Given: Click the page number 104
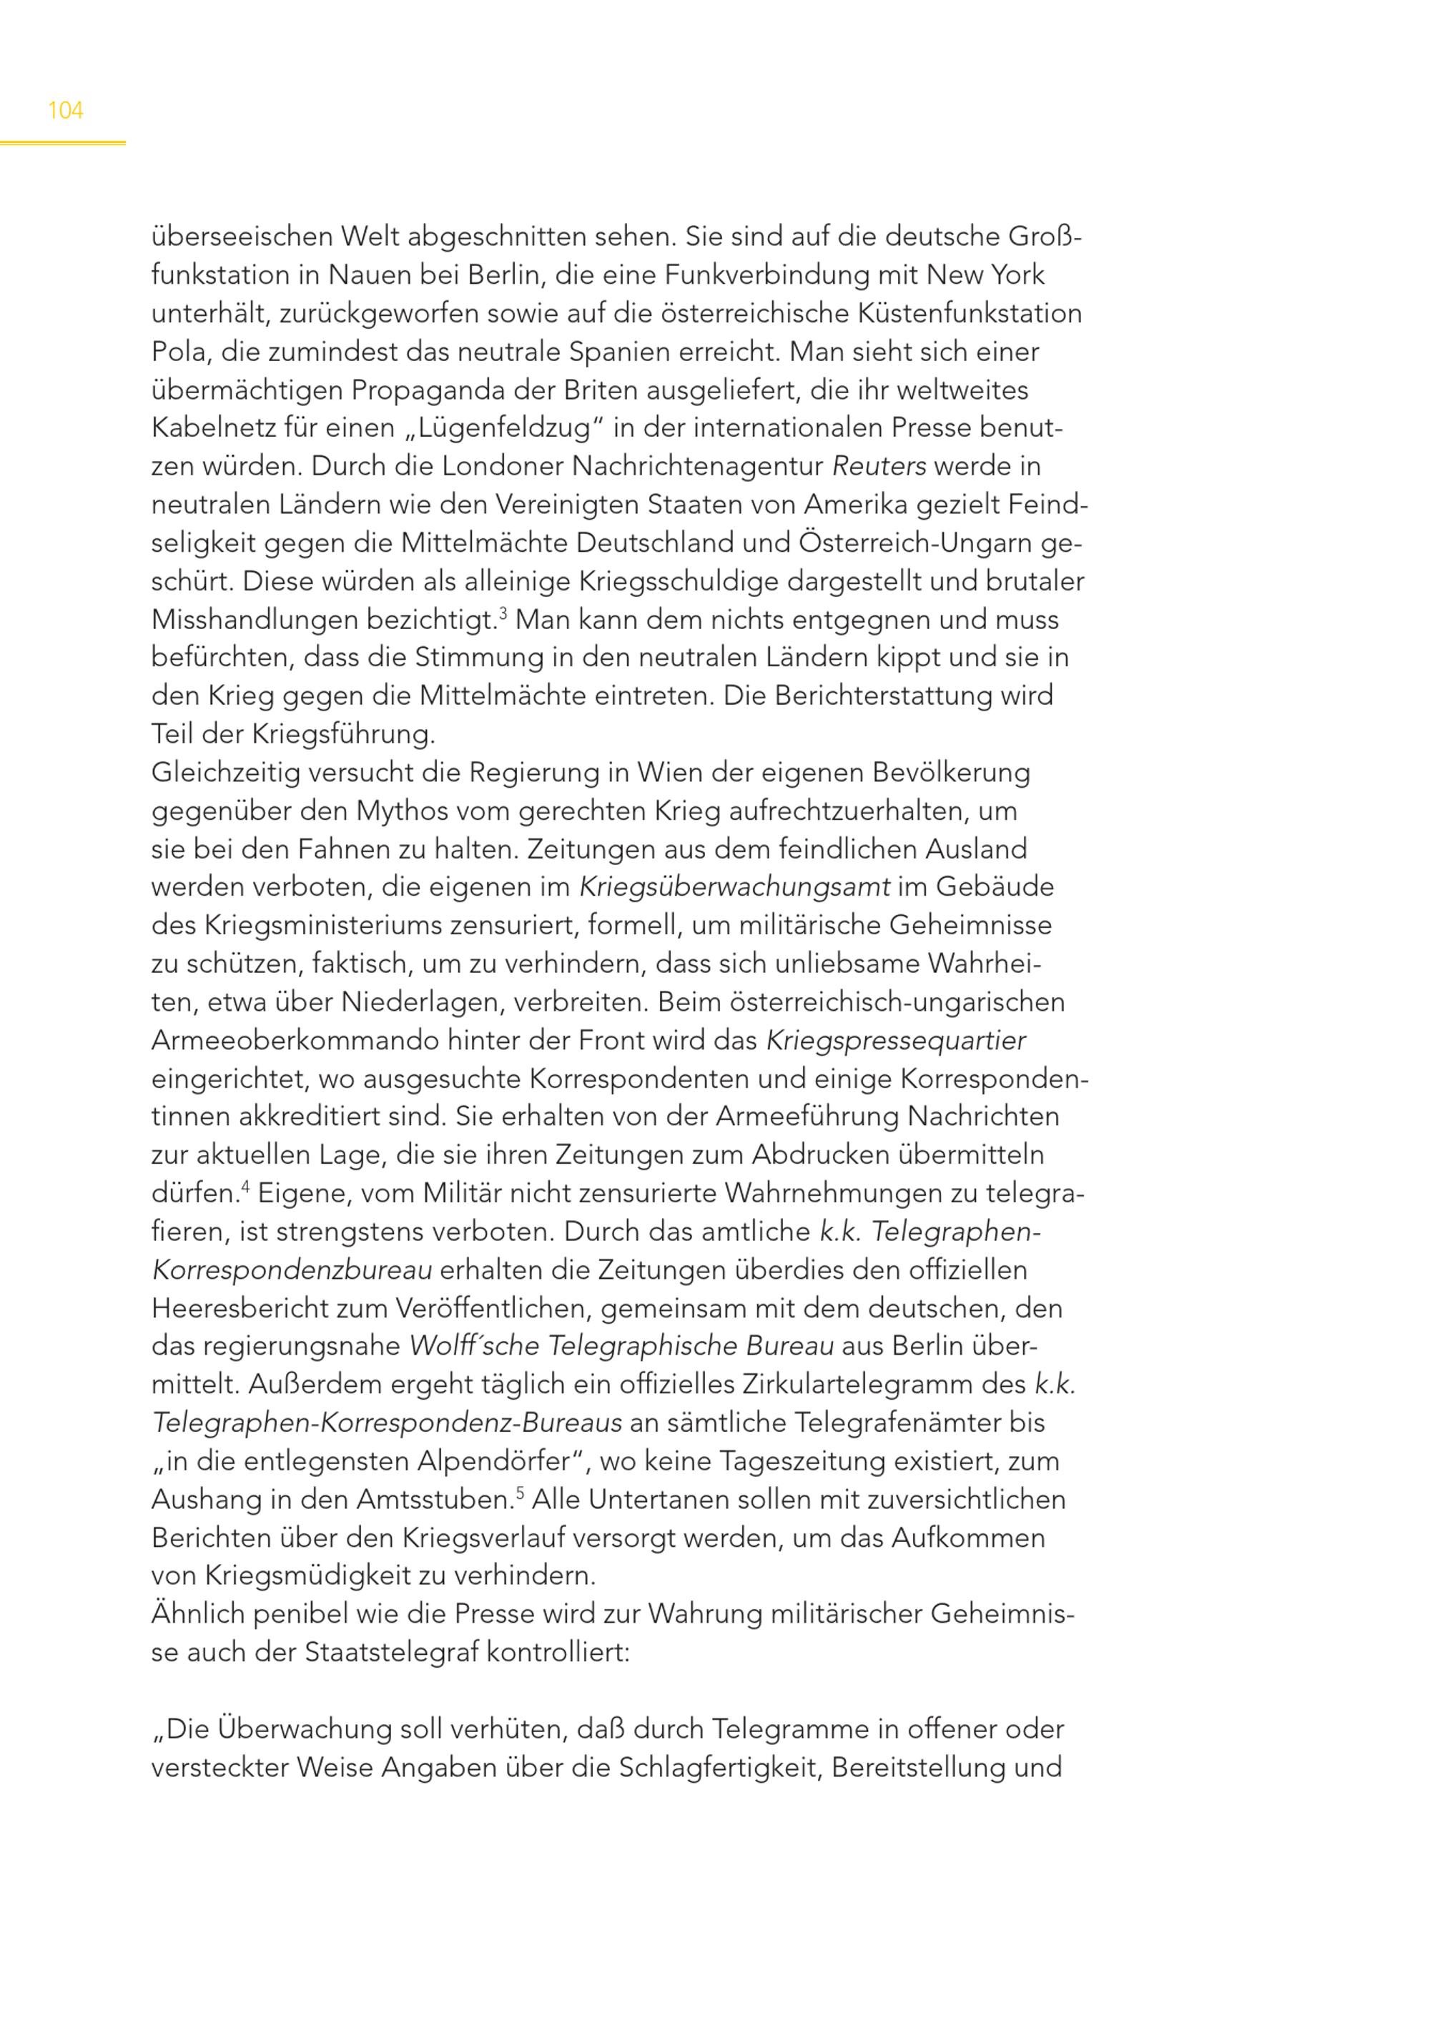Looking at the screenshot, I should coord(65,111).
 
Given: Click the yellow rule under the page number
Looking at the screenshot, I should coord(61,143).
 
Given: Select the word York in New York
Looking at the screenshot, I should coord(1017,276).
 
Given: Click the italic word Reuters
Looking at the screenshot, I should coord(879,467).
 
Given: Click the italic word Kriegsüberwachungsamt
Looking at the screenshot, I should coord(734,888).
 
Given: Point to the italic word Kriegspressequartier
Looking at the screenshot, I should coord(895,1041).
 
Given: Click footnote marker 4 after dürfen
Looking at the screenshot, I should coord(246,1187).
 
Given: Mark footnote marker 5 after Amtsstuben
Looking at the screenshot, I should coord(520,1493).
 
